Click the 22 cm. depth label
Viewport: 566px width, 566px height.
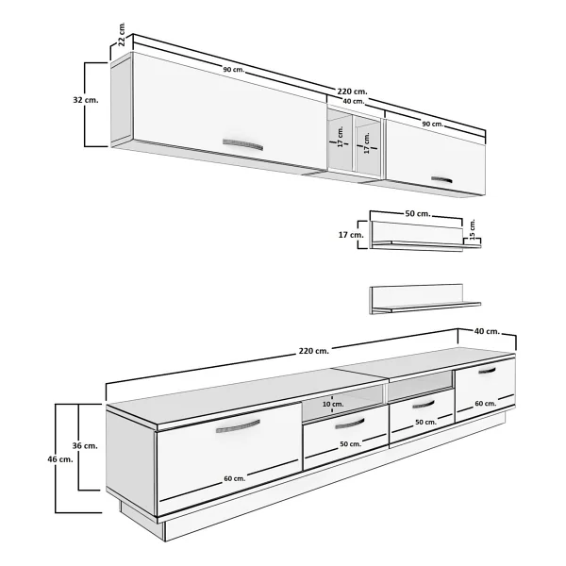(122, 34)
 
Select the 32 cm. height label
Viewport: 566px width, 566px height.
(86, 100)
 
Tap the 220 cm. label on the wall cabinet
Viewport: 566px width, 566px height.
(352, 92)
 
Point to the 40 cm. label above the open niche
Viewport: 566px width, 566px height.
(354, 102)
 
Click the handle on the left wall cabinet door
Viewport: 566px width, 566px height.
(242, 144)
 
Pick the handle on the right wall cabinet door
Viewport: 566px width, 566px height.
(441, 179)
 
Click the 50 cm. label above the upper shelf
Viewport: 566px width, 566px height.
(418, 214)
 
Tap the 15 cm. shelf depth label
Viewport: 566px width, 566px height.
(473, 229)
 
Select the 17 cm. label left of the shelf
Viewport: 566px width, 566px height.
(351, 235)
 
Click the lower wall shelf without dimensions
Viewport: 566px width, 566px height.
(425, 299)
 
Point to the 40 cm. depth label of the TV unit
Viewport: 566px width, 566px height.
(487, 331)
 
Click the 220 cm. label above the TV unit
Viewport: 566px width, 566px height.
(314, 351)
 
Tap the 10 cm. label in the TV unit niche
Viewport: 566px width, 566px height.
(333, 404)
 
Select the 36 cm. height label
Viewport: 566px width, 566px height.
(85, 446)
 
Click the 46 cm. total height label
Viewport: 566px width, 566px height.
(60, 459)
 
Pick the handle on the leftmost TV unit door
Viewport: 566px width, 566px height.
(238, 426)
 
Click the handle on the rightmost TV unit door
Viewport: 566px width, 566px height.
(488, 371)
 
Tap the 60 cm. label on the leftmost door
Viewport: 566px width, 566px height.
(235, 478)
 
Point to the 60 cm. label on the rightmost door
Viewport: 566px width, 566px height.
(486, 403)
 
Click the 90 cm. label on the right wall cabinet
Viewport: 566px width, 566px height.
(433, 124)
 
